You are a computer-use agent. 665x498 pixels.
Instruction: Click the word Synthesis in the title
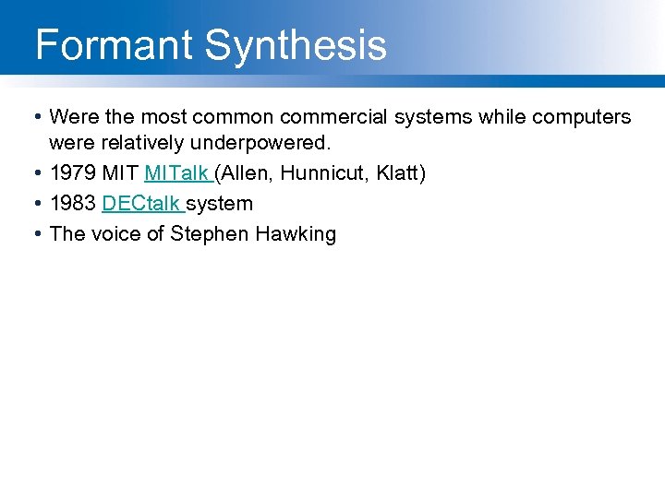tap(296, 44)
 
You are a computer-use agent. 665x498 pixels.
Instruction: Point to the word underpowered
tap(273, 145)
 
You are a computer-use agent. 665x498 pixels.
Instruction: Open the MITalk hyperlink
tap(176, 173)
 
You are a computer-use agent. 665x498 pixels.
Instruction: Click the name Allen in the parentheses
tap(245, 173)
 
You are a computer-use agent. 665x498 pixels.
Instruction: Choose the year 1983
tap(73, 203)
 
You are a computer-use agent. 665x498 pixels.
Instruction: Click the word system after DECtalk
tap(220, 203)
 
